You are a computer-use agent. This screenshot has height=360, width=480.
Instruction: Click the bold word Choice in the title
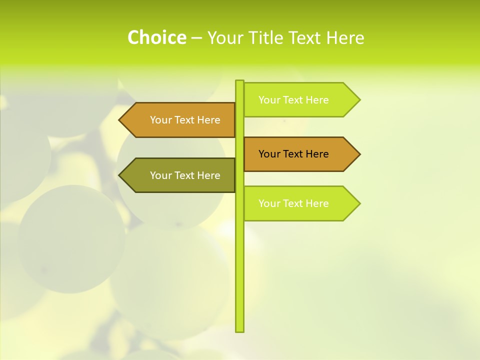click(156, 37)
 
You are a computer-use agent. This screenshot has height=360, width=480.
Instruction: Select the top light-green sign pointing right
click(300, 100)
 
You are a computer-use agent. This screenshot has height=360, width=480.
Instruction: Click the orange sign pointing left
click(180, 120)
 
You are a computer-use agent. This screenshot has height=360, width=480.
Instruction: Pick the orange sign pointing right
click(300, 154)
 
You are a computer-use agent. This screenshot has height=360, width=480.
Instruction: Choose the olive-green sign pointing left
click(180, 175)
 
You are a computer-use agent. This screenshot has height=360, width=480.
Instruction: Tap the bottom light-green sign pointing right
click(300, 203)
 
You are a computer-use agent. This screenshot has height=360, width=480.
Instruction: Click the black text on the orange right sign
click(293, 154)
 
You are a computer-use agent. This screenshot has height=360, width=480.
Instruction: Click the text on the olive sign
click(185, 175)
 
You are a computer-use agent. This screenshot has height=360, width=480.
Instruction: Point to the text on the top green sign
click(293, 100)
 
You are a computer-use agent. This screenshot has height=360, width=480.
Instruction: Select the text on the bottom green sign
click(293, 203)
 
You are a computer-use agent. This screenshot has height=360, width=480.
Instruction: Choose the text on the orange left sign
click(185, 120)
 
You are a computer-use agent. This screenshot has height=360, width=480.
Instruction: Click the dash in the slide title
click(196, 38)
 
